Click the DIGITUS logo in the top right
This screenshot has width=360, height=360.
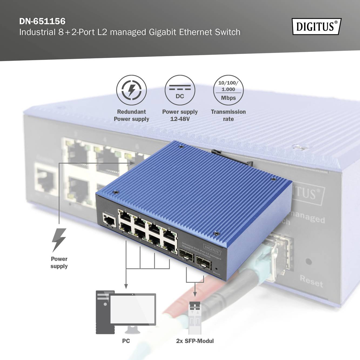(x=317, y=26)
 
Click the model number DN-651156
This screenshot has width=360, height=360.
(x=42, y=21)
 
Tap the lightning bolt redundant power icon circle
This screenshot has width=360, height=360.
(x=132, y=90)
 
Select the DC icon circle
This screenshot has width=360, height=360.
(x=180, y=90)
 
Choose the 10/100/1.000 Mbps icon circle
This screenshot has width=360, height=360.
(x=228, y=90)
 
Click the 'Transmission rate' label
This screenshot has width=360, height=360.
(x=228, y=115)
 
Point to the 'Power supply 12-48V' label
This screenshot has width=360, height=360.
(x=180, y=115)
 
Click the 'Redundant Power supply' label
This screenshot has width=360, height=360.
(x=132, y=115)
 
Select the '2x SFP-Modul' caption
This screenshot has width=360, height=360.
(x=195, y=341)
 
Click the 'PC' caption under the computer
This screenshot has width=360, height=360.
(x=126, y=341)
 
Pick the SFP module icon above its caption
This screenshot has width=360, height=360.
(x=195, y=315)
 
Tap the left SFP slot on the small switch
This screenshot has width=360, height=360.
(x=186, y=255)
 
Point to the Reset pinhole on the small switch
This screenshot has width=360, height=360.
(x=216, y=269)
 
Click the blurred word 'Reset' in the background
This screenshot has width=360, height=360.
(x=311, y=281)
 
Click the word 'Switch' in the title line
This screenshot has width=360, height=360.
(x=227, y=32)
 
